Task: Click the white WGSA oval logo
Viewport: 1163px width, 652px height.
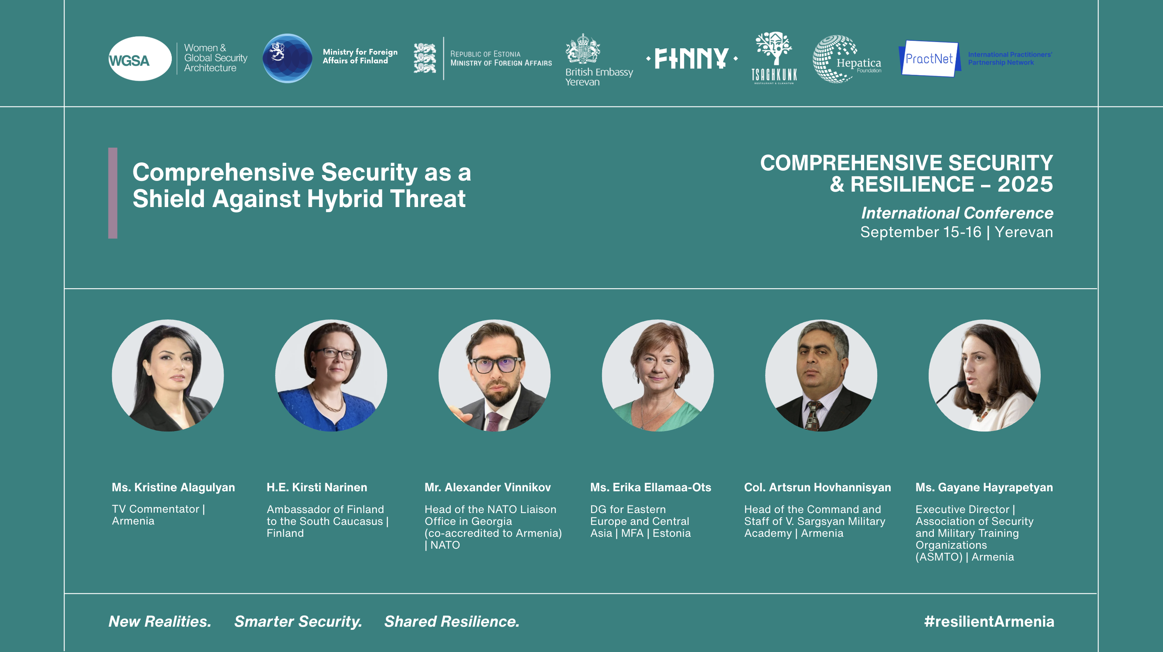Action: [140, 59]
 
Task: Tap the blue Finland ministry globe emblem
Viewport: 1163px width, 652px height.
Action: [288, 58]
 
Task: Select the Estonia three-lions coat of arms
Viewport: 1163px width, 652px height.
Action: [425, 58]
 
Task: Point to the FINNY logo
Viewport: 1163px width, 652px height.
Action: [692, 58]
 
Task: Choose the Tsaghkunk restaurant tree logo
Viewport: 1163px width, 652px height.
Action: [774, 58]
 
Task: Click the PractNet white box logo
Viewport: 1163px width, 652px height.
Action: [929, 59]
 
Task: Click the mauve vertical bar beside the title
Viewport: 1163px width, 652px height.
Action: [113, 193]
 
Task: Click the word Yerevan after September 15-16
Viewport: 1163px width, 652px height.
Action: [1024, 232]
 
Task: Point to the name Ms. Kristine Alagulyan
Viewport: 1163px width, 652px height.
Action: [173, 488]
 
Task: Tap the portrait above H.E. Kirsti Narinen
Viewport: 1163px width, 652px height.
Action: [331, 375]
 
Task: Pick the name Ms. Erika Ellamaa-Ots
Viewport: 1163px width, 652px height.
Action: [651, 488]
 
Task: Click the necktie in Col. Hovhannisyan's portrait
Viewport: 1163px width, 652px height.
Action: [812, 415]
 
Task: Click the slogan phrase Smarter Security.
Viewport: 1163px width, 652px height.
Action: [298, 622]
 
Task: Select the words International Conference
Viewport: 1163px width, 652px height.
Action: [957, 213]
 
